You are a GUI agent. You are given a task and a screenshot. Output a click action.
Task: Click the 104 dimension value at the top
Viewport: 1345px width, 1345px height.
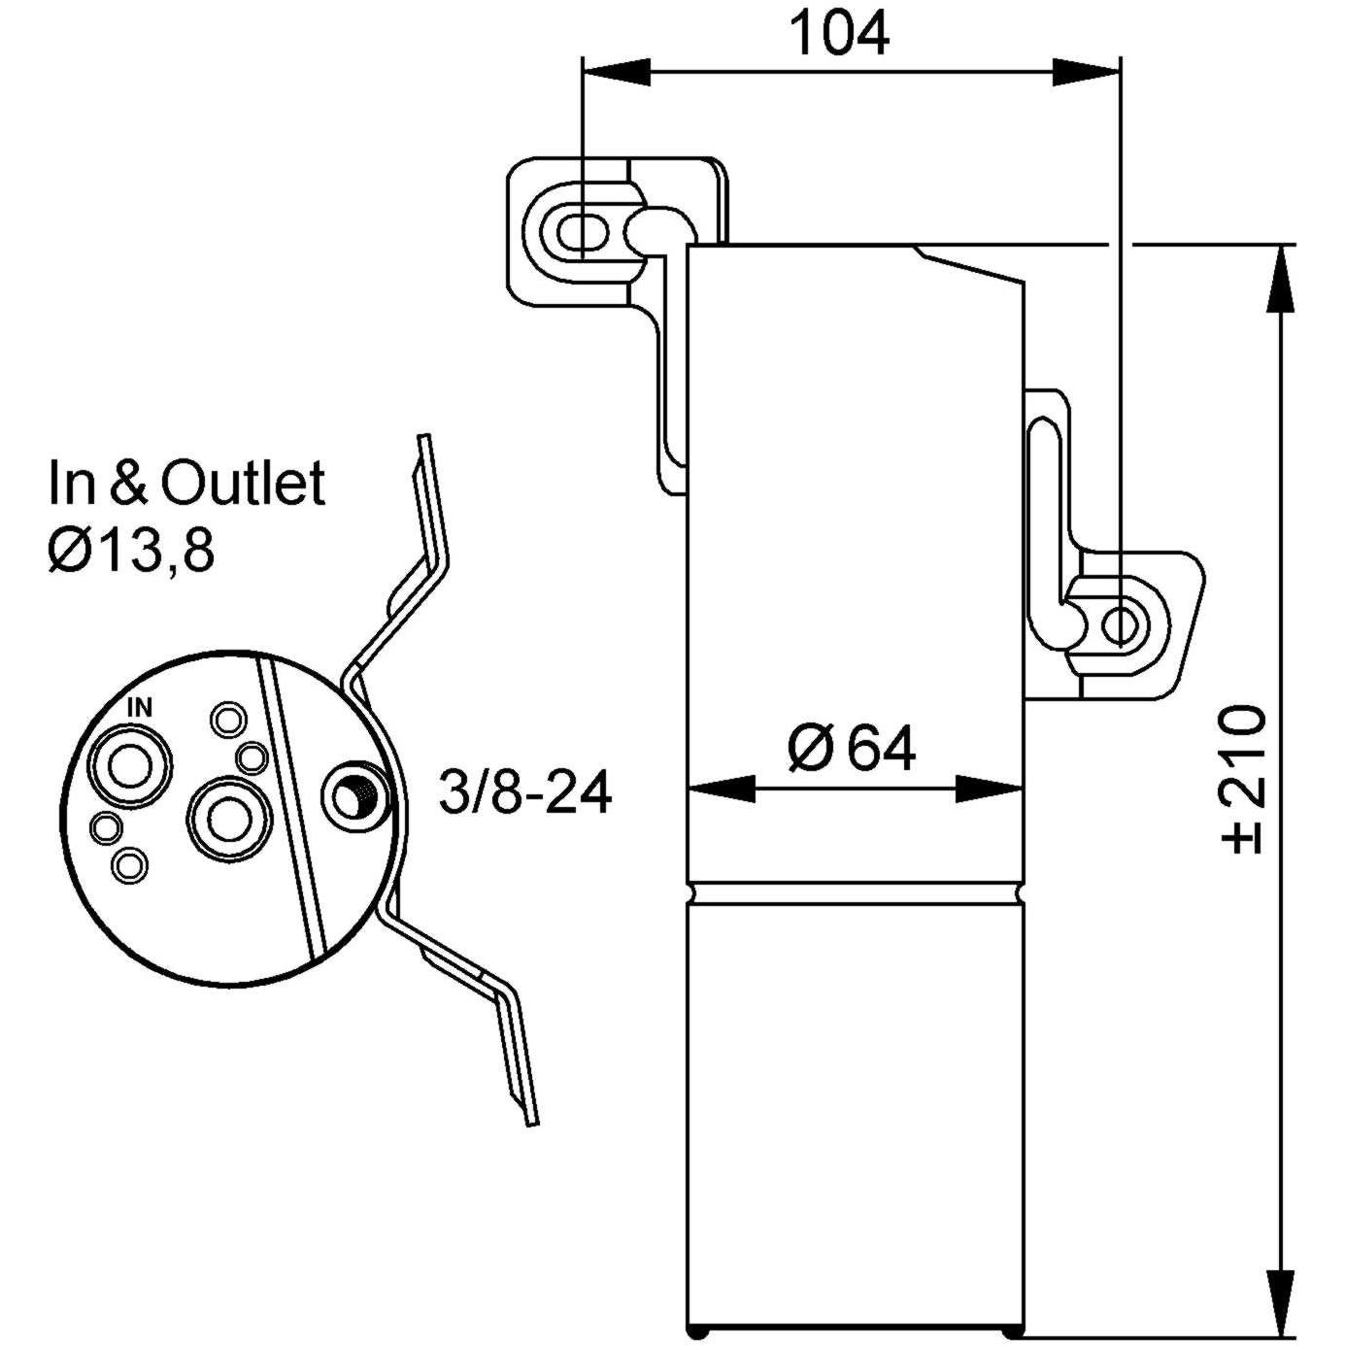pyautogui.click(x=841, y=33)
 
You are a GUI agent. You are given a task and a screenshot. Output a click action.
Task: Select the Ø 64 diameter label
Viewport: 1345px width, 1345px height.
pyautogui.click(x=852, y=748)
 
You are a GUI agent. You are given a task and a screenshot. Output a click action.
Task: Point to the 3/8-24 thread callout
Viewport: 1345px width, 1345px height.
pyautogui.click(x=524, y=792)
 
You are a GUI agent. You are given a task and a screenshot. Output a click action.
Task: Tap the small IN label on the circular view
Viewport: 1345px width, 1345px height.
pyautogui.click(x=140, y=708)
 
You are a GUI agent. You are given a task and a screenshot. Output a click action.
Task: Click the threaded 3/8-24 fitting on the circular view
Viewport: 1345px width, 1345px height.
pyautogui.click(x=353, y=795)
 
